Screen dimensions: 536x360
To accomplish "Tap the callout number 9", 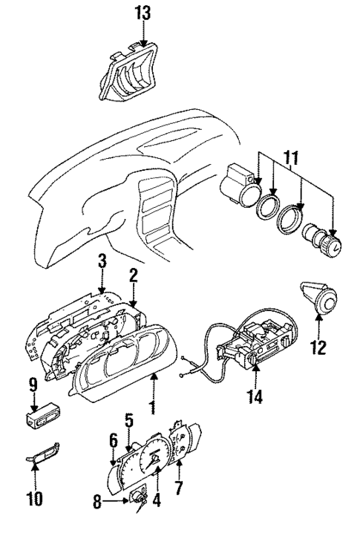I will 33,385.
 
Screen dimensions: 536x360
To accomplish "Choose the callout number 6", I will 114,440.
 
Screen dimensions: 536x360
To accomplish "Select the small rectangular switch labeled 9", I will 42,415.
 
